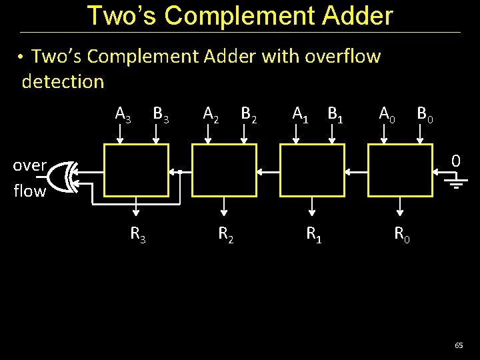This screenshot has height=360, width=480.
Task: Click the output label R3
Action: tap(139, 234)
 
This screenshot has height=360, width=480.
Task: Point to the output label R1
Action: tap(314, 234)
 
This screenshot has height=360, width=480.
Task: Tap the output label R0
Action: tap(402, 234)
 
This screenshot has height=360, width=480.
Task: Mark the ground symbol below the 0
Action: tap(456, 182)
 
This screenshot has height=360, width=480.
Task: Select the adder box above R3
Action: tap(136, 171)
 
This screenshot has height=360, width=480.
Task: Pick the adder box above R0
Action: tap(400, 171)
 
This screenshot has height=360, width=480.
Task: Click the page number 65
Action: tap(459, 345)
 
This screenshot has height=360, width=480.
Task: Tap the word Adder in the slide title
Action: tap(355, 16)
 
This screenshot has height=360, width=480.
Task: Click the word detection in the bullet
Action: tap(63, 82)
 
